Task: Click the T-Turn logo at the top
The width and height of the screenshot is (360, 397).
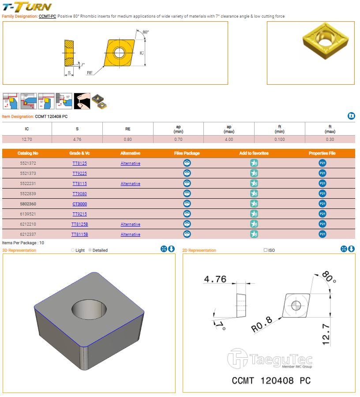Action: (27, 7)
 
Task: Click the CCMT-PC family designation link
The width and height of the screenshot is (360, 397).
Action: (47, 16)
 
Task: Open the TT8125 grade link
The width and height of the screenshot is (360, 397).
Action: (80, 163)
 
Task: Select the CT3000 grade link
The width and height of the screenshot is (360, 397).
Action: (80, 204)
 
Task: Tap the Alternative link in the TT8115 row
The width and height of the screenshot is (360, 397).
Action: (130, 184)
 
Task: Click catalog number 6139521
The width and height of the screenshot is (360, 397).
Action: (28, 214)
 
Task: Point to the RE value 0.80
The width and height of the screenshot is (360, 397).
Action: (128, 139)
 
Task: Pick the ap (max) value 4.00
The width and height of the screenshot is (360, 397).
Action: (229, 139)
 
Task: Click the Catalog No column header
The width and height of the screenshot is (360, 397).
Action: (28, 153)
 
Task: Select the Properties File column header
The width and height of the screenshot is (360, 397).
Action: (322, 153)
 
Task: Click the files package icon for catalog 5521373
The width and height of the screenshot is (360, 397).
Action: (187, 173)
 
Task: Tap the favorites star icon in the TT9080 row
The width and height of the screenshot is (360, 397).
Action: (254, 193)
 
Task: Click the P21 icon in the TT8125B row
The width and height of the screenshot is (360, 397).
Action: (322, 224)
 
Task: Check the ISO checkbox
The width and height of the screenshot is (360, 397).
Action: (266, 250)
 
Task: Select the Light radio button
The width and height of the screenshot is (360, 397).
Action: (73, 250)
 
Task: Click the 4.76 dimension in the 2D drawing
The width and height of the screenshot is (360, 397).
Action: (215, 279)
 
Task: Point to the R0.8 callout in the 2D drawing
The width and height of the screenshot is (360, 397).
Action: (262, 324)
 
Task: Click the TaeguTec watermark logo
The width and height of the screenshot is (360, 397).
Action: (270, 359)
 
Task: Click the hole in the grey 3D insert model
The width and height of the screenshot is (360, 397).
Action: (89, 309)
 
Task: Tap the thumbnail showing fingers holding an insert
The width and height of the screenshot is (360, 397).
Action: (82, 101)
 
